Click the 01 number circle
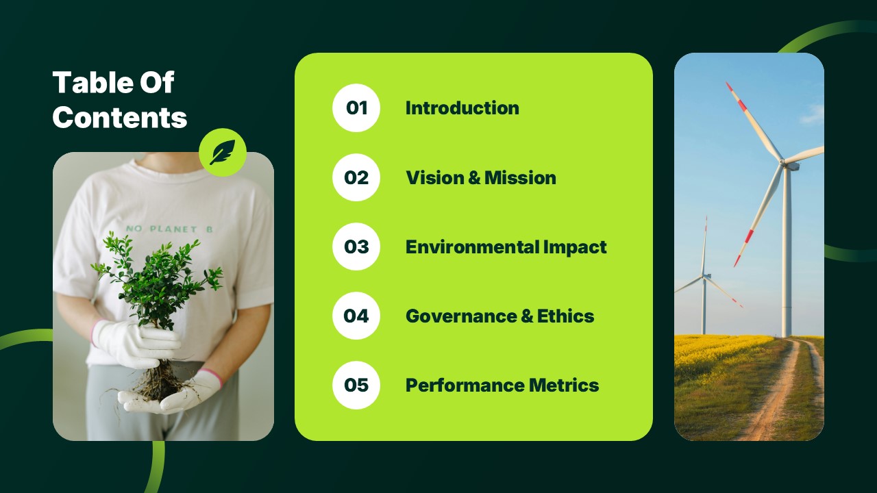tap(356, 108)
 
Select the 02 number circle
tap(356, 177)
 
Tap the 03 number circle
tap(356, 246)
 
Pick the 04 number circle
tap(356, 316)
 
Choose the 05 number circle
tap(356, 385)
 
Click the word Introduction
tap(462, 108)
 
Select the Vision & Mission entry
tap(480, 177)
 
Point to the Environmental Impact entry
tap(506, 246)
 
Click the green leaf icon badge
tap(223, 152)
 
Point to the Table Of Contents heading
tap(120, 100)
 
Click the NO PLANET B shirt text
tap(169, 229)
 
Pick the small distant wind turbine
tap(704, 277)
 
